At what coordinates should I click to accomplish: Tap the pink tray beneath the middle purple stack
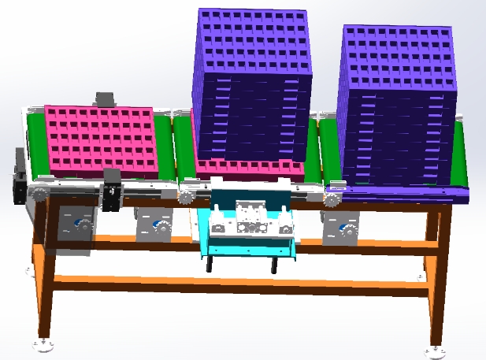pyautogui.click(x=248, y=168)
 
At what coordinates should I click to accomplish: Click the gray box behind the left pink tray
pyautogui.click(x=104, y=99)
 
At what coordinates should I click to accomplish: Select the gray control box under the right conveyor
pyautogui.click(x=341, y=228)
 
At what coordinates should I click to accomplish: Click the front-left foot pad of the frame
pyautogui.click(x=43, y=344)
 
